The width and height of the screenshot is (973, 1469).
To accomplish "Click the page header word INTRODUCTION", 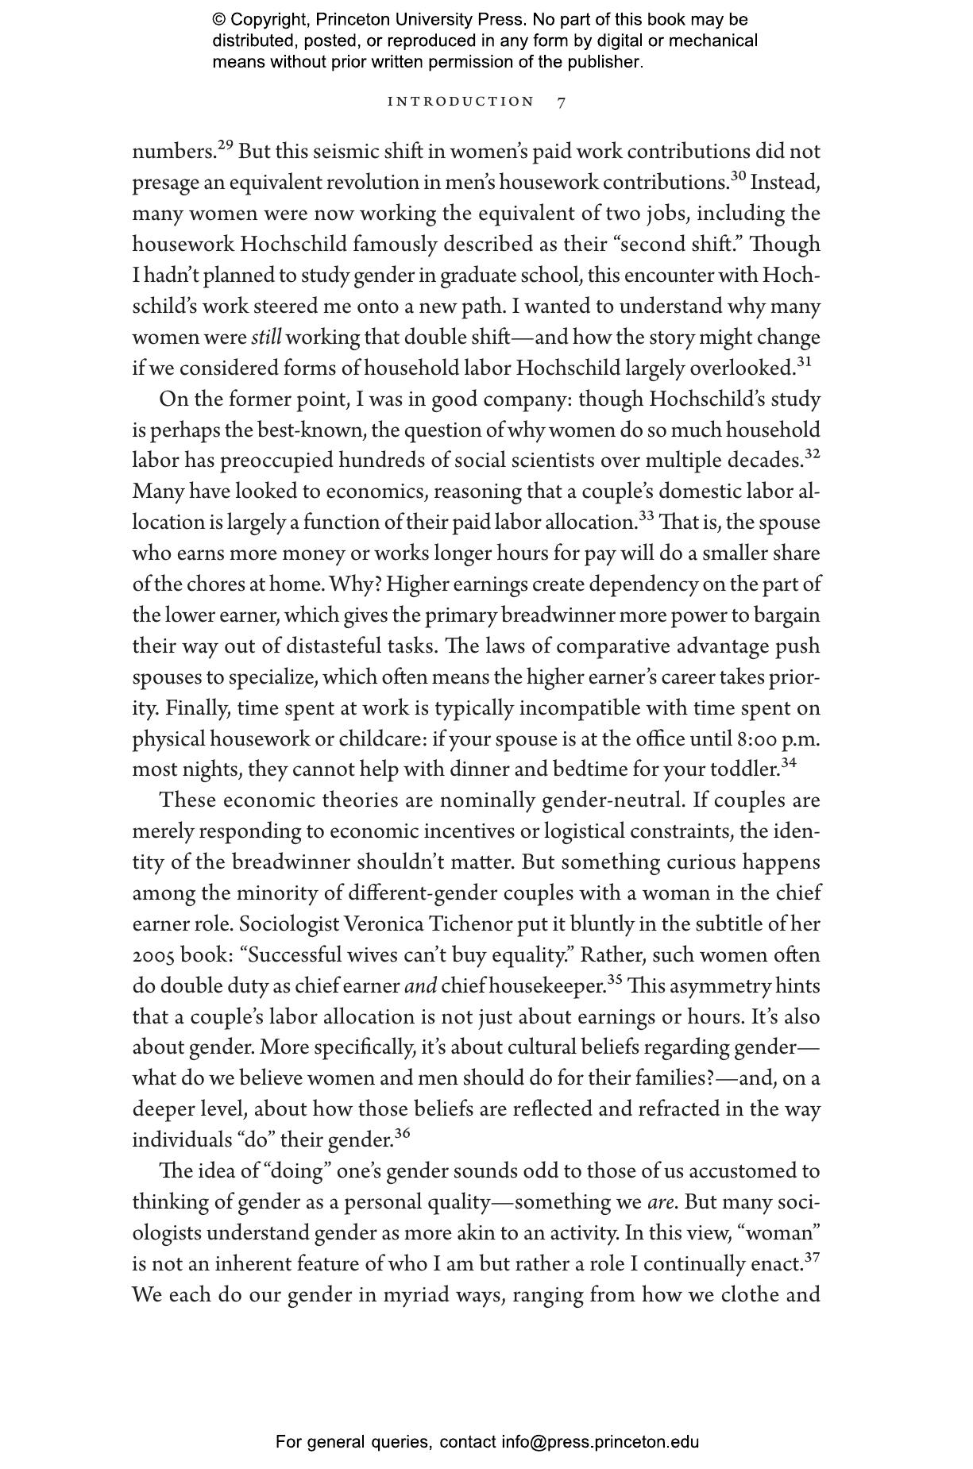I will (x=461, y=102).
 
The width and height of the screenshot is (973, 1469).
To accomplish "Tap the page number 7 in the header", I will (x=562, y=102).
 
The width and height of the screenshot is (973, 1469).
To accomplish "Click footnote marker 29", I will (x=225, y=145).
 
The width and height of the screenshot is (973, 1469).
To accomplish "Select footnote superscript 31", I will (x=804, y=361).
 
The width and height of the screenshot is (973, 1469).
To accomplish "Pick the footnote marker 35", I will (x=615, y=980).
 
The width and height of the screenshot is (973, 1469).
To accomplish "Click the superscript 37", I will (x=812, y=1257).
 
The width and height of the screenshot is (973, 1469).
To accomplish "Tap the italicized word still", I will (x=266, y=338).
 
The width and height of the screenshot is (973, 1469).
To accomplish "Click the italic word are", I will (x=660, y=1202).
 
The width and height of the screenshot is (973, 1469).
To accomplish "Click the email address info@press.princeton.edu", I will (x=600, y=1442).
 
